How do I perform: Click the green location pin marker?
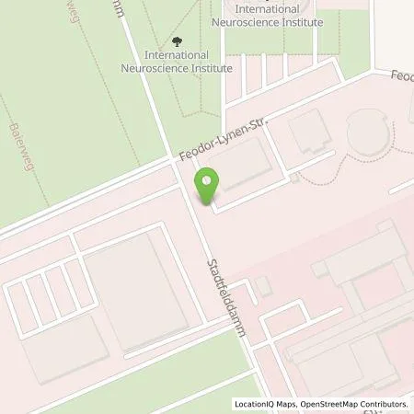207,187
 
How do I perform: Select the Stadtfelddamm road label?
228,297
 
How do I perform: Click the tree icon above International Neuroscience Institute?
178,40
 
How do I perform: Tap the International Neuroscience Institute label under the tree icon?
178,61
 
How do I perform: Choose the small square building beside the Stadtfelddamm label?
264,287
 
